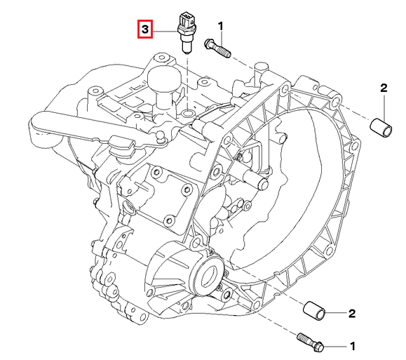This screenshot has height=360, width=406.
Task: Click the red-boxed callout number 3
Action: coord(145,29)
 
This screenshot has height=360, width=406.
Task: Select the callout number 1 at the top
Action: coord(220,27)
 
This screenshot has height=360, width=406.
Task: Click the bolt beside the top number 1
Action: coord(217,48)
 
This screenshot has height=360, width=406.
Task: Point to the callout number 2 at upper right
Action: coord(384,88)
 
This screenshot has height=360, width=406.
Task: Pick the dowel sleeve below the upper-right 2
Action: coord(381,128)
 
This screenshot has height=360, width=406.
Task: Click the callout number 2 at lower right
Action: coord(352,314)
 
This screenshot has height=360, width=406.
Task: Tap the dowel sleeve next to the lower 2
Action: coord(314,311)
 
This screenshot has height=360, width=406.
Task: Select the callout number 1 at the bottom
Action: coord(353,346)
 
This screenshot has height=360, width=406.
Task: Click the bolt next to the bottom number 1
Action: coord(311,342)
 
